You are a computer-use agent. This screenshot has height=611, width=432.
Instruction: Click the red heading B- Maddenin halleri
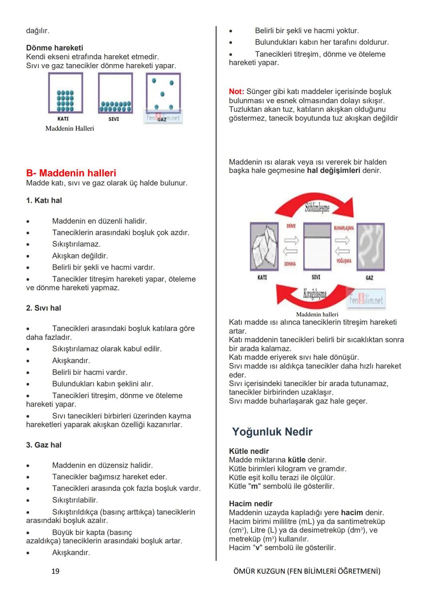click(71, 173)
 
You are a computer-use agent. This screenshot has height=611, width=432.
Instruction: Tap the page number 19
click(55, 571)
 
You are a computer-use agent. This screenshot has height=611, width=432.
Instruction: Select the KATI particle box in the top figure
click(66, 94)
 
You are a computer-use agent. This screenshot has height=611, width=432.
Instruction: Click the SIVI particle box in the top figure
click(115, 94)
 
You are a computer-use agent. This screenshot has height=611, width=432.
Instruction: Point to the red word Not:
click(236, 92)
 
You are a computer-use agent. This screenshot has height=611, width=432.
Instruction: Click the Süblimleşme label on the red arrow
click(317, 208)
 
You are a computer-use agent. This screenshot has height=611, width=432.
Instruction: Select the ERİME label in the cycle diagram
click(291, 226)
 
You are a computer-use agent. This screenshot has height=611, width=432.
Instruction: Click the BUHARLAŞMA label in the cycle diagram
click(344, 228)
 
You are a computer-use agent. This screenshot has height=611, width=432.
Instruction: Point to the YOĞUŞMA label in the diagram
click(344, 261)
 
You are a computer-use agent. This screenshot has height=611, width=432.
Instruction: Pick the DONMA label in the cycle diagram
click(290, 264)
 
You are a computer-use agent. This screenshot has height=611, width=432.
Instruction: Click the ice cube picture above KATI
click(264, 246)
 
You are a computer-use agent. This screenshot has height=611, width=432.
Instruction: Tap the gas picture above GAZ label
click(370, 246)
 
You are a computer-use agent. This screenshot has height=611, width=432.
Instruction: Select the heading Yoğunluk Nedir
click(272, 432)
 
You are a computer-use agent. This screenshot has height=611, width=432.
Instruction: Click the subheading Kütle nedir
click(249, 451)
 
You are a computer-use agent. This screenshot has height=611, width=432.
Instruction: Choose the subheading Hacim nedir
click(250, 503)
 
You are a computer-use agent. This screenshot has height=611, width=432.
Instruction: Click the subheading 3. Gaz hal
click(44, 445)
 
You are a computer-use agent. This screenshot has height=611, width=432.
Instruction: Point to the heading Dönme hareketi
click(54, 48)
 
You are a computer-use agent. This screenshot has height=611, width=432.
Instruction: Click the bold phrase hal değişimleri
click(334, 170)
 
